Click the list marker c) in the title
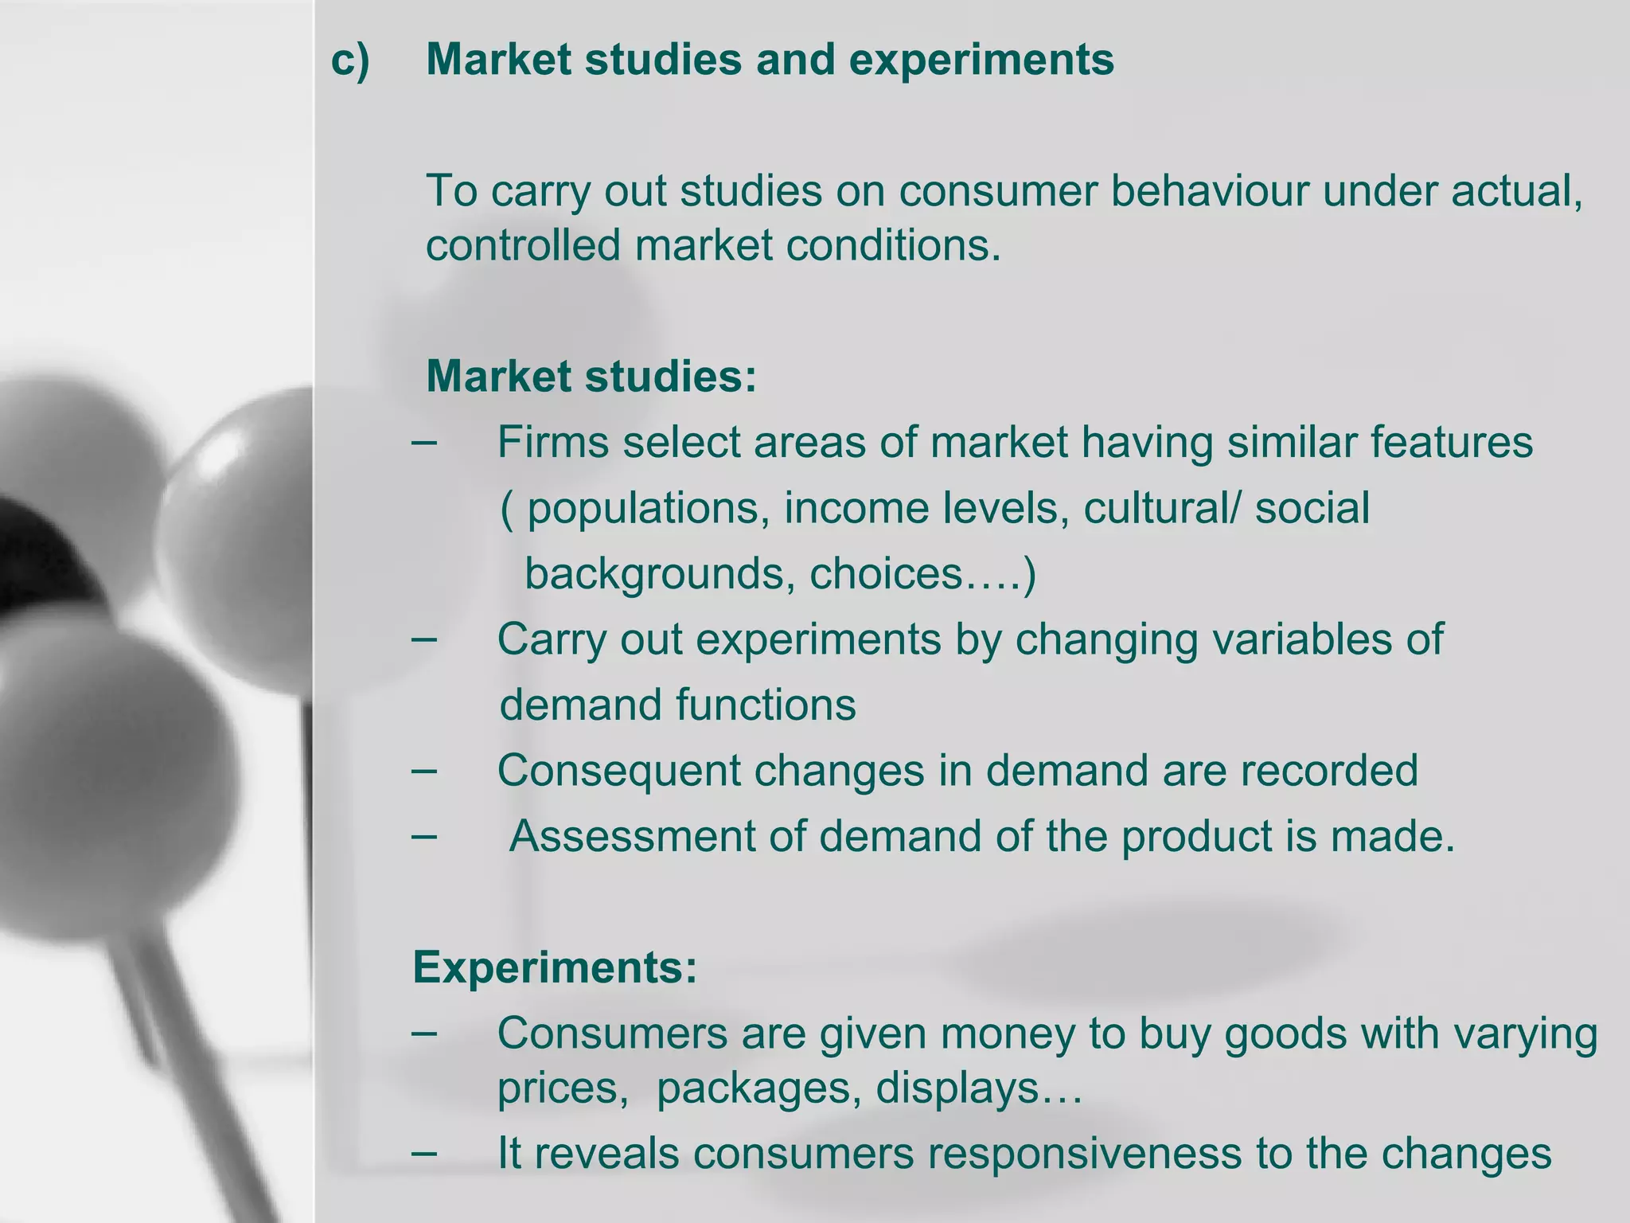click(350, 61)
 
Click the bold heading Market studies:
click(591, 376)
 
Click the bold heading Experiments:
click(555, 967)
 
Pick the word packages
click(758, 1088)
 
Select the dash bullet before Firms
click(424, 442)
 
